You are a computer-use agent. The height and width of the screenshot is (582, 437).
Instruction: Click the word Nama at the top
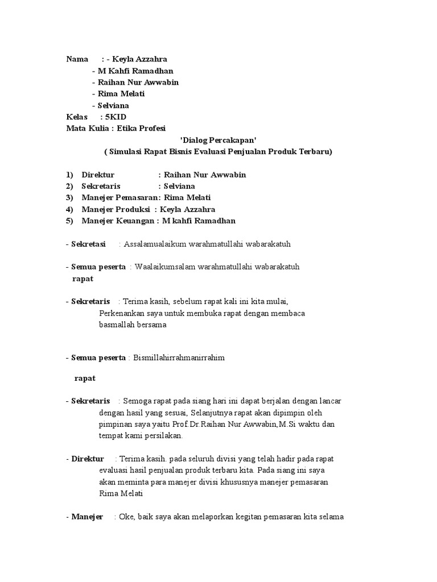tap(77, 59)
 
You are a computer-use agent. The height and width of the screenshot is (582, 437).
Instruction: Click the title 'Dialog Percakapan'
tap(218, 140)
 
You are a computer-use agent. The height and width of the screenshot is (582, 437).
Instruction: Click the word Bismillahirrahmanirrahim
tap(179, 358)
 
